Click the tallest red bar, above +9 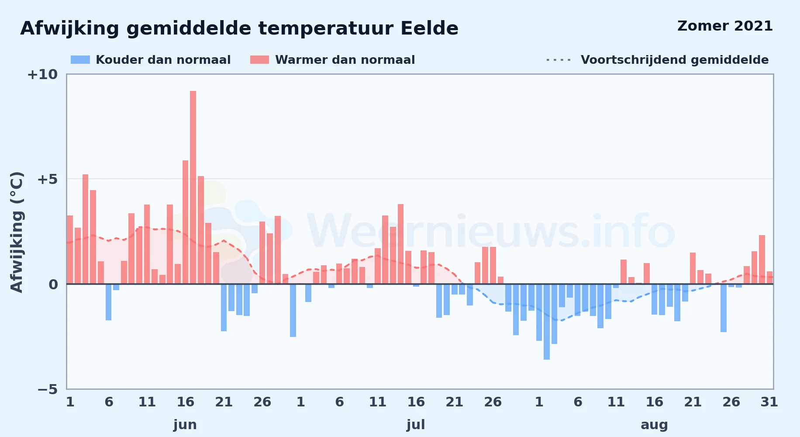click(x=193, y=187)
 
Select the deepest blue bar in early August click(x=547, y=322)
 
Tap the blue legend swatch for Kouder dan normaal click(x=80, y=60)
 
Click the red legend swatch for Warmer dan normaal click(x=259, y=60)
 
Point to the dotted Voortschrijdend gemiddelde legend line click(x=559, y=60)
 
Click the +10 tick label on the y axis click(x=42, y=74)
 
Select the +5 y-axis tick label click(x=47, y=179)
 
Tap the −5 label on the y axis click(x=47, y=389)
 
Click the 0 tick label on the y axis click(x=53, y=284)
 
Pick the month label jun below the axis click(x=185, y=425)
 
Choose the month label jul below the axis click(x=416, y=425)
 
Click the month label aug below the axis click(x=654, y=425)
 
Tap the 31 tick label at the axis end click(x=769, y=402)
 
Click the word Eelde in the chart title click(x=430, y=28)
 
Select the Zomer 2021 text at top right click(x=725, y=26)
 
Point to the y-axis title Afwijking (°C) click(x=17, y=232)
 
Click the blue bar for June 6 click(x=108, y=302)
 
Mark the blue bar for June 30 click(x=293, y=311)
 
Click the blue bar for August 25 click(x=724, y=308)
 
